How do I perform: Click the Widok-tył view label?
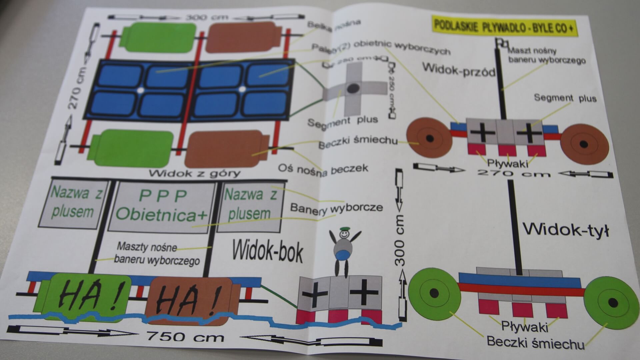click(x=565, y=230)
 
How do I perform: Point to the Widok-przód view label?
click(x=458, y=69)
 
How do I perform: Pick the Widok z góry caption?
click(x=194, y=173)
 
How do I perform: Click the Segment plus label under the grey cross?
click(x=342, y=121)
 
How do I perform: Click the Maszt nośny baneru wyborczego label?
click(x=545, y=56)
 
